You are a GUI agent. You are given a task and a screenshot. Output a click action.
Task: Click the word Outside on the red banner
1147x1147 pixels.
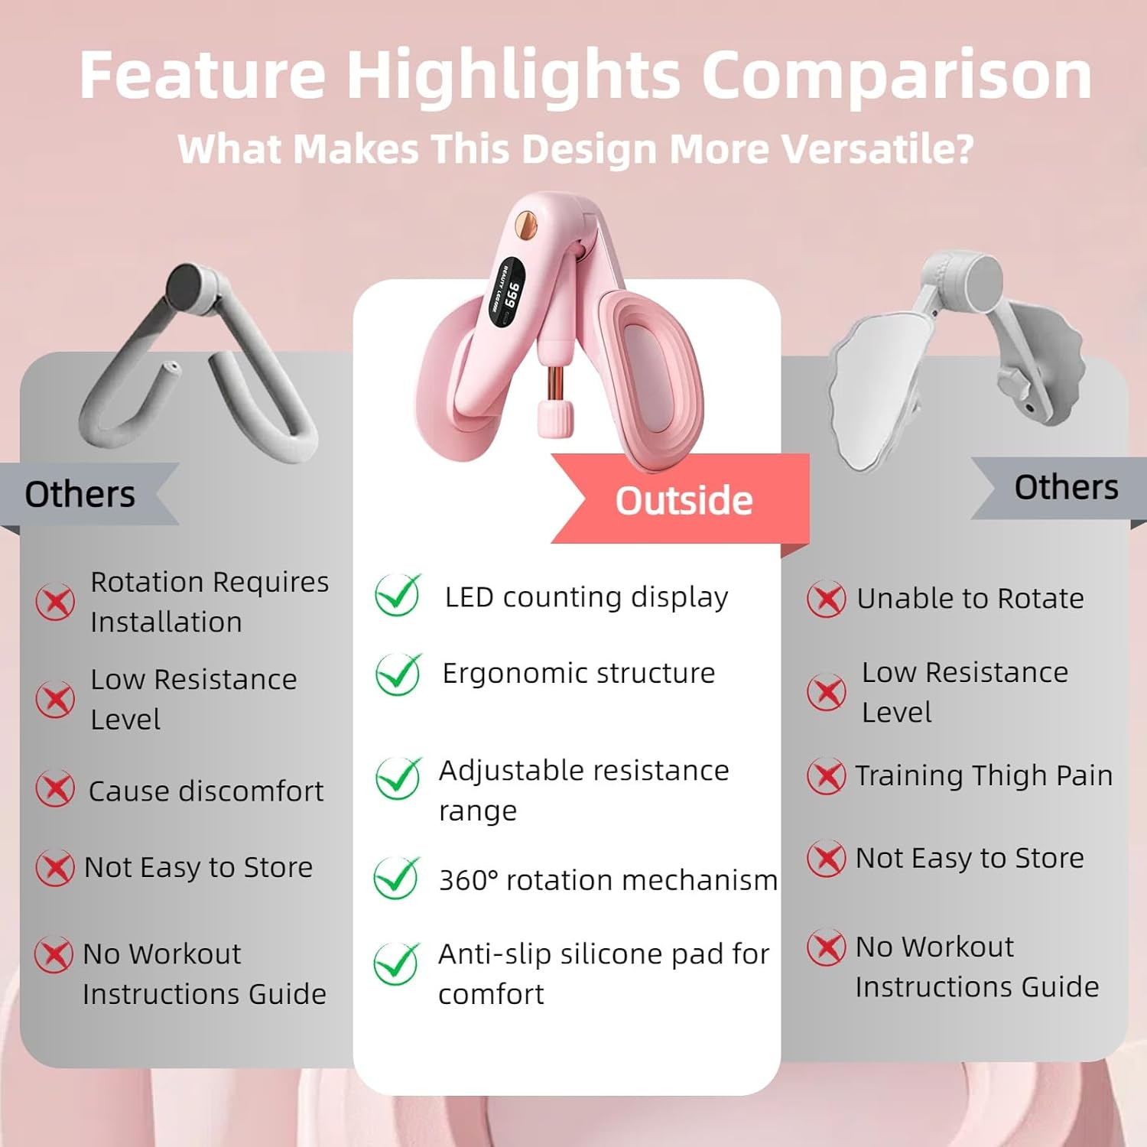coord(684,500)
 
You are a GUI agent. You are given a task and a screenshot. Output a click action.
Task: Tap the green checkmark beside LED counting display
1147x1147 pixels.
coord(398,595)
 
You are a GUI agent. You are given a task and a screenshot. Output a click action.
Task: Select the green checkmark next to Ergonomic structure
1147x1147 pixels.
coord(398,674)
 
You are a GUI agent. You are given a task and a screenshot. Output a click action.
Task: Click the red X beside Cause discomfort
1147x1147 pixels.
coord(55,788)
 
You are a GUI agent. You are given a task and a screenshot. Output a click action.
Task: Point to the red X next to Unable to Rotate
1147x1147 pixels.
coord(827,599)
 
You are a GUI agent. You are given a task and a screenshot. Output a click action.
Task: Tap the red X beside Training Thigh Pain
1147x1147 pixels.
coord(827,776)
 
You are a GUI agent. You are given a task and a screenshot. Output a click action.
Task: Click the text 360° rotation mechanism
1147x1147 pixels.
coord(608,880)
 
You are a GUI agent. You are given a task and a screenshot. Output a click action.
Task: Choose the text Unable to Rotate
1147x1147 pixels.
coord(970,598)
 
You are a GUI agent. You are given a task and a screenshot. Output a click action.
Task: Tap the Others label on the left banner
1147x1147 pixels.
coord(80,494)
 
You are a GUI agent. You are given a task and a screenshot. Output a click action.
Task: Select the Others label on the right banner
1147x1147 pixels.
coord(1066,487)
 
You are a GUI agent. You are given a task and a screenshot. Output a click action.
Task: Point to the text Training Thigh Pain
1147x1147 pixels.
coord(983,775)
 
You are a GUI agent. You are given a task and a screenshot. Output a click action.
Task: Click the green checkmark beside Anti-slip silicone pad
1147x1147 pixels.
coord(396,963)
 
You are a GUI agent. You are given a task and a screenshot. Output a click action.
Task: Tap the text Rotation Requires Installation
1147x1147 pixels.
coord(210,602)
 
